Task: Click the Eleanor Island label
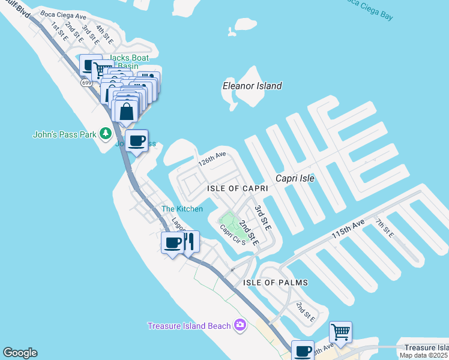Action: point(252,86)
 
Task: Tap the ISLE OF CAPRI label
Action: point(237,188)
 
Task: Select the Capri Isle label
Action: point(295,178)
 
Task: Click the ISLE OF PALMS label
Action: point(276,282)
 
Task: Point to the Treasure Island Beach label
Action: point(189,326)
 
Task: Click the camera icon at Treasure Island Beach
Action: point(240,325)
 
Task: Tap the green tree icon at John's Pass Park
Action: point(106,133)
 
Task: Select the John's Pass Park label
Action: point(64,134)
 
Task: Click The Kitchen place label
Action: point(182,209)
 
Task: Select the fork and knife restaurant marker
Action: point(190,242)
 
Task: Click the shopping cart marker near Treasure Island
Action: point(340,331)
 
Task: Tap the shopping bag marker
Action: point(127,111)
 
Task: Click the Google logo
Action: point(20,353)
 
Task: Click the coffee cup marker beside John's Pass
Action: point(137,141)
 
